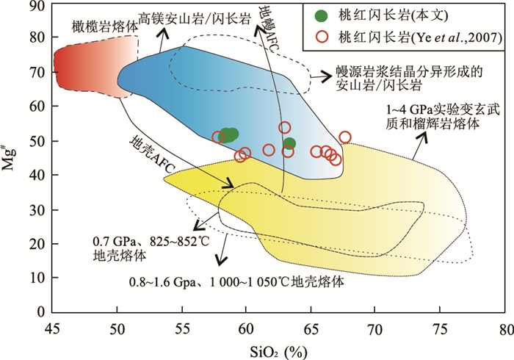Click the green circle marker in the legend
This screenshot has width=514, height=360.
tap(322, 15)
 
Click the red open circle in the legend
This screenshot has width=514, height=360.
tap(322, 37)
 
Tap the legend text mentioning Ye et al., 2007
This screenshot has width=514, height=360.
tap(420, 37)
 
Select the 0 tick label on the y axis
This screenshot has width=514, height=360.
tap(40, 312)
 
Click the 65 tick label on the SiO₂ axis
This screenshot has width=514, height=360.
tap(310, 329)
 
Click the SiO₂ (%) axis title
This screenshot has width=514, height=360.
tap(278, 352)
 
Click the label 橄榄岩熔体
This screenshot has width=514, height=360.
tap(105, 27)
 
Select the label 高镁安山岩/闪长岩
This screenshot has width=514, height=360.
tap(195, 18)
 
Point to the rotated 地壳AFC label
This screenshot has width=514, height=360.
tap(152, 155)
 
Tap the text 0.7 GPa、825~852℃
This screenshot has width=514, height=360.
tap(151, 241)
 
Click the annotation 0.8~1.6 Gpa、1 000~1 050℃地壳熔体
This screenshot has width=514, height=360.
tap(236, 281)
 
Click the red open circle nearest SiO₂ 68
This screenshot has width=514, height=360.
tap(345, 137)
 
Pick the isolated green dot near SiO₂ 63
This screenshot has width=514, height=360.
tap(289, 143)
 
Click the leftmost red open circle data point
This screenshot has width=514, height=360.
tap(218, 137)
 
